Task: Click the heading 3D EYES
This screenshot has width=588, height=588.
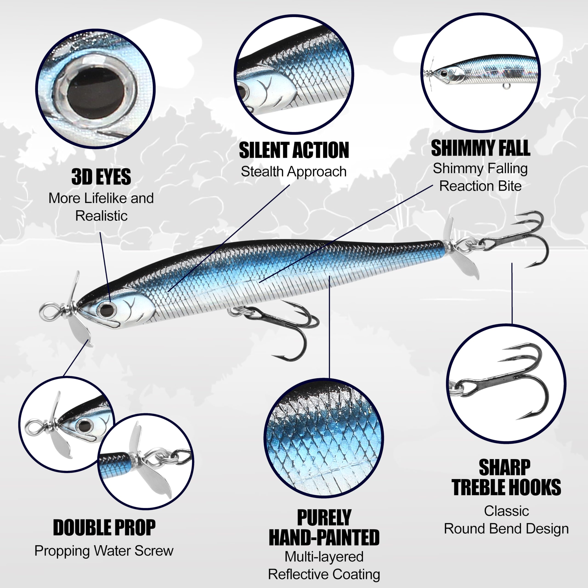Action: point(101,177)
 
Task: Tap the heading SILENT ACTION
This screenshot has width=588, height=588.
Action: point(294,150)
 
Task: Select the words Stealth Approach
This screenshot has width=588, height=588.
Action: point(294,172)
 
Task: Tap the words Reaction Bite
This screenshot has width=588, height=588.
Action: point(480,186)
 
